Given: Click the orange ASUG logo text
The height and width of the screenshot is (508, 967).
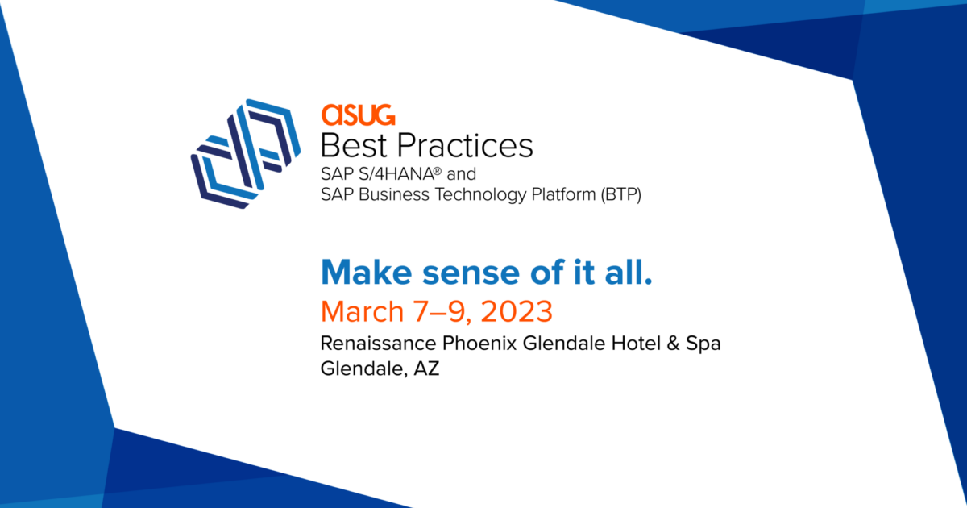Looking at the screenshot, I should [358, 115].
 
